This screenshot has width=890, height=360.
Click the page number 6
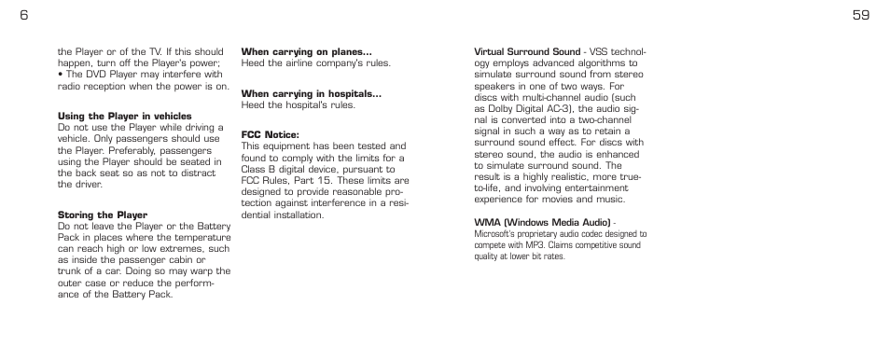tap(22, 15)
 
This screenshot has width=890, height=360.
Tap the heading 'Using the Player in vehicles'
tap(125, 117)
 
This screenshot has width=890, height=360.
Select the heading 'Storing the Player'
tap(103, 215)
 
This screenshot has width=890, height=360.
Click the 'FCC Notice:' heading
tap(270, 134)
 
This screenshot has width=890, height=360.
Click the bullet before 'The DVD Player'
tap(60, 75)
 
